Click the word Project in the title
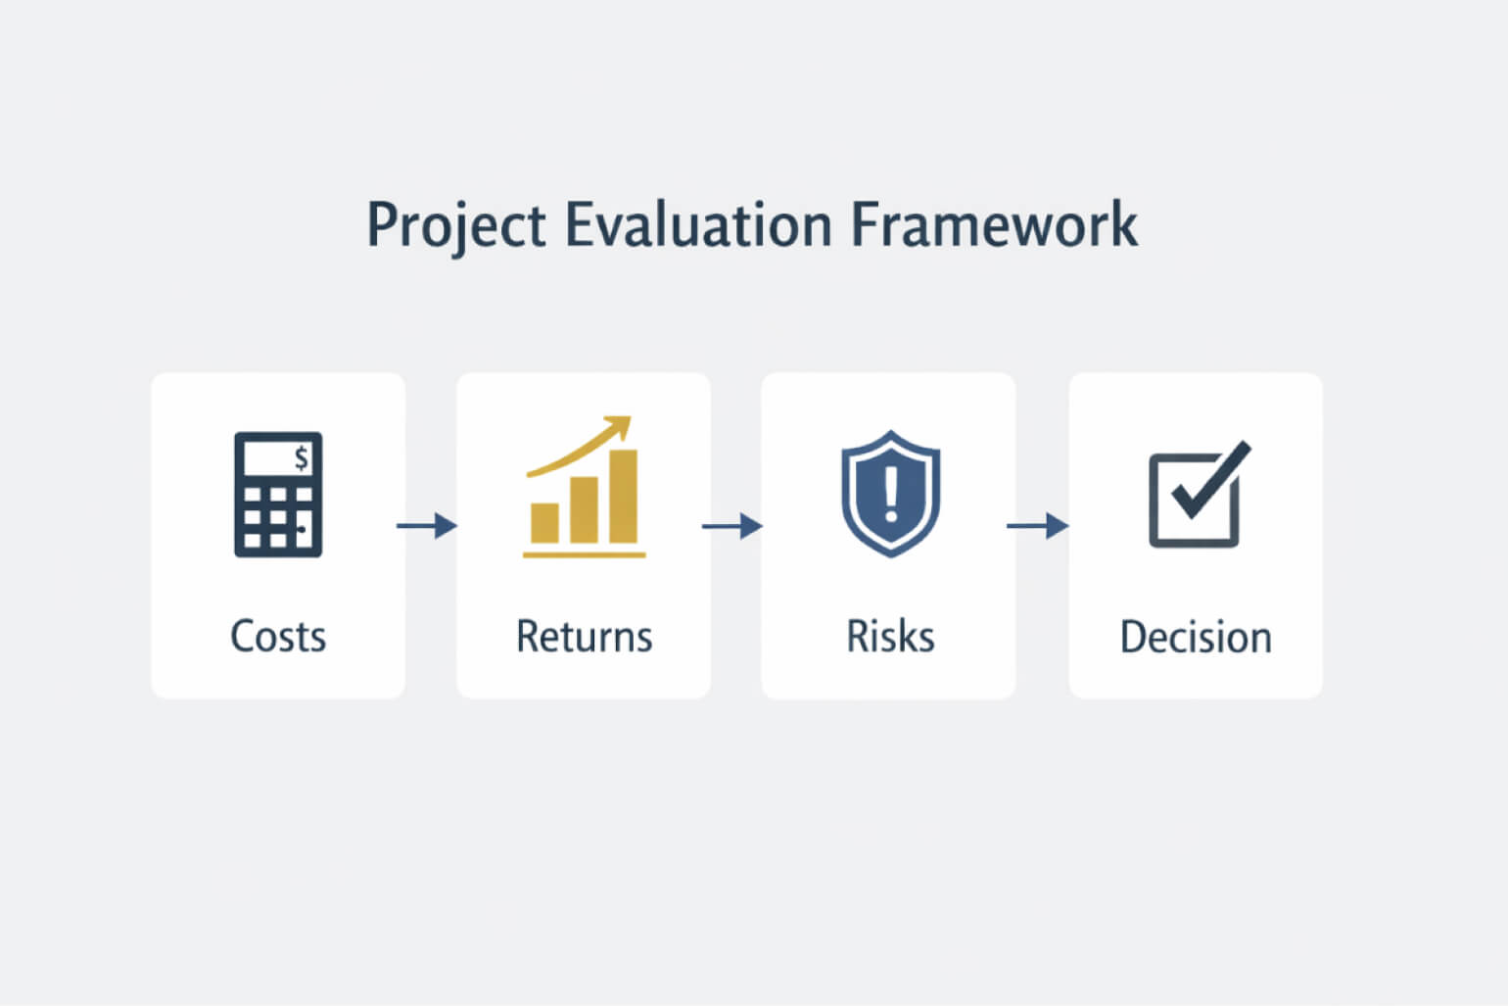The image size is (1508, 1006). coord(454,225)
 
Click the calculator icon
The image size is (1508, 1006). coord(278,495)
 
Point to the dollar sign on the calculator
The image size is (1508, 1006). coord(301,457)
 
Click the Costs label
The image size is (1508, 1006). coord(278,637)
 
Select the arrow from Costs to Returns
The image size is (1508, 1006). coord(427,526)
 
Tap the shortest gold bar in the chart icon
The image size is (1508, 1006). coord(544,522)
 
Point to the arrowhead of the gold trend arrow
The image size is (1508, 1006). coord(618,427)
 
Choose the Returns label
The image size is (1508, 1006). coord(584,637)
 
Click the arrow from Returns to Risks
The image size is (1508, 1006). coord(732,526)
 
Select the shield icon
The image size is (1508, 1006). coord(890,494)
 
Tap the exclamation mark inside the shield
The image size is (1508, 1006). coord(890,491)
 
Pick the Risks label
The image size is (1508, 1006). coord(890,637)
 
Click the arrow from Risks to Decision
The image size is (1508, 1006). coord(1038,526)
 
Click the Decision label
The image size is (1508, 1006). coord(1196,638)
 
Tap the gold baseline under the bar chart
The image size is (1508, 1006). coord(584,554)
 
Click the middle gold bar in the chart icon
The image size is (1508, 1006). coord(585,509)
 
